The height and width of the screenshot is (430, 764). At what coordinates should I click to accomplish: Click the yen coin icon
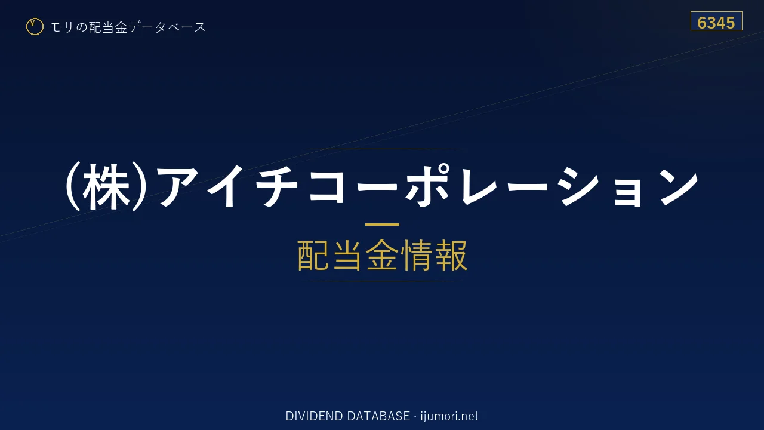click(35, 27)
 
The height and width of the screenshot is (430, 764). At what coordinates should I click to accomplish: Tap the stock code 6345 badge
click(716, 21)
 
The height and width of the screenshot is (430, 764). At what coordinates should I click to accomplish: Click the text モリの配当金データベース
click(128, 27)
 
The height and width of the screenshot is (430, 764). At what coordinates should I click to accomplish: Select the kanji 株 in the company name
click(106, 187)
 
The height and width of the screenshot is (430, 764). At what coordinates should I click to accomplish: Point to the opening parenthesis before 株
click(73, 187)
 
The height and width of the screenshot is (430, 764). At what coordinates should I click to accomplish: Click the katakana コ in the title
click(326, 187)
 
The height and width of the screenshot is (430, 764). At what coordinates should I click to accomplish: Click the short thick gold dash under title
click(382, 225)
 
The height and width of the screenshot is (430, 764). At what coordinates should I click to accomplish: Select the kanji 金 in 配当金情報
click(382, 255)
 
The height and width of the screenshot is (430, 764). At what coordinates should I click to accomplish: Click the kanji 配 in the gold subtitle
click(313, 255)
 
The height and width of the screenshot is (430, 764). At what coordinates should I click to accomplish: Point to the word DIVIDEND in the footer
click(314, 416)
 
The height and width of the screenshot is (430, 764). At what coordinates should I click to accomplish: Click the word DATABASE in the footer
click(378, 416)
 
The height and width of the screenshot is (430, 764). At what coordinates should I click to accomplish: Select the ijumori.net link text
click(449, 416)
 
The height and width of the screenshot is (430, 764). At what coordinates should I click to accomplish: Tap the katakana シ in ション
click(580, 187)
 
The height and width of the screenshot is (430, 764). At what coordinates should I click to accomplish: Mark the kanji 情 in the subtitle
click(417, 255)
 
